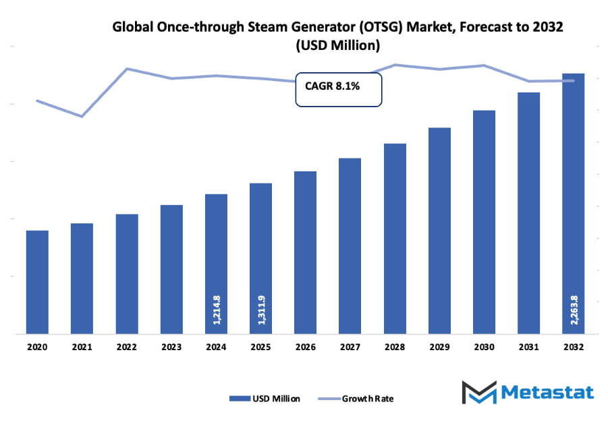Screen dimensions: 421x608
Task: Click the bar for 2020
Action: point(37,281)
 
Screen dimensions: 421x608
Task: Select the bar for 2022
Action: point(127,273)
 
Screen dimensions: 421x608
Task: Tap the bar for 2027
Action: point(350,246)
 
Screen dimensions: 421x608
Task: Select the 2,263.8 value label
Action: point(574,309)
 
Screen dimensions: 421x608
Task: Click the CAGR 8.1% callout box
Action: point(339,90)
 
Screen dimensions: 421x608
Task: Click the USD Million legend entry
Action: point(265,398)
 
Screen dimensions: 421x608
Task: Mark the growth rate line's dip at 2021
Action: point(82,116)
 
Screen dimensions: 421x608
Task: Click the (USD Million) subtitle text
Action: point(338,46)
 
